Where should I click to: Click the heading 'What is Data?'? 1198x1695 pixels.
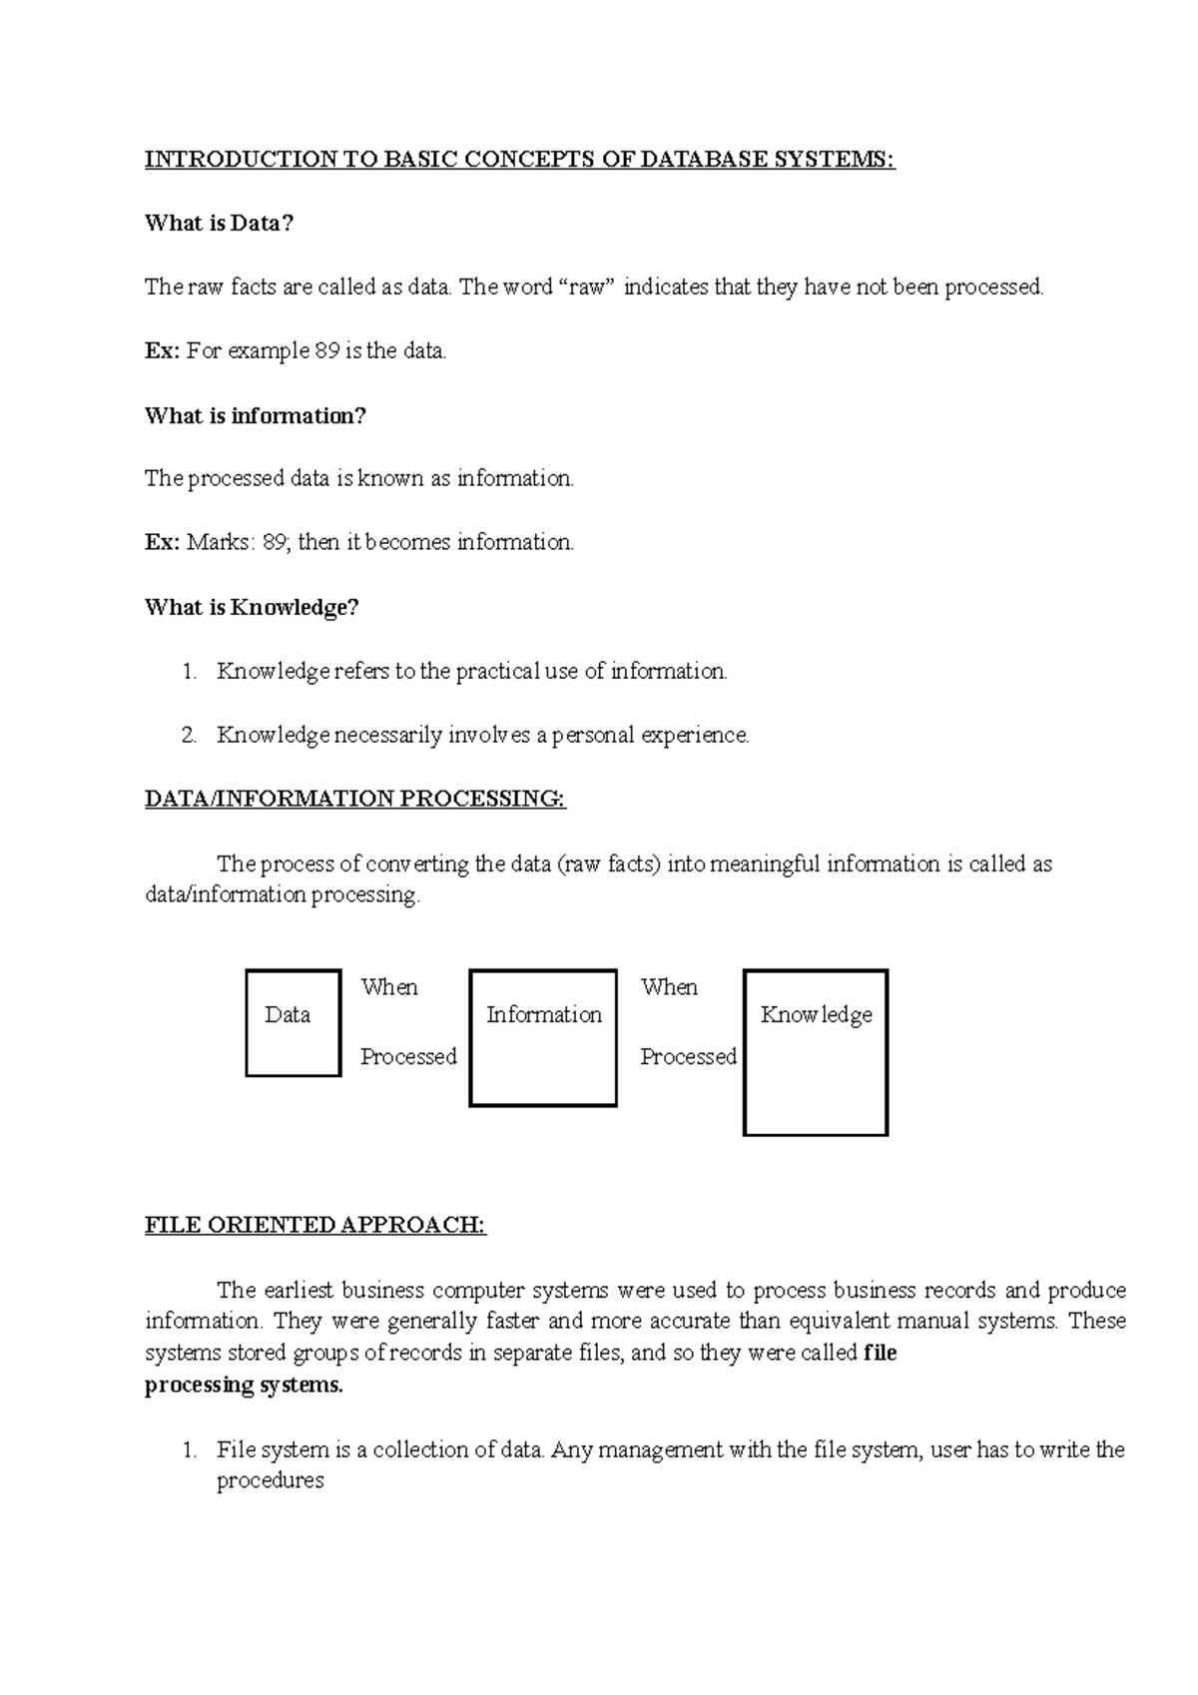point(219,223)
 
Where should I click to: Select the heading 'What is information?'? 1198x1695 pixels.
point(256,415)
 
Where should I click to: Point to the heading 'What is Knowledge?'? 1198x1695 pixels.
point(251,607)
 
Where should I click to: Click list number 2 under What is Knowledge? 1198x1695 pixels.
point(189,736)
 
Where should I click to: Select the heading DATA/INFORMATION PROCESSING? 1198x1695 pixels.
point(355,799)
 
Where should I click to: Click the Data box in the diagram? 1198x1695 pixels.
point(293,1023)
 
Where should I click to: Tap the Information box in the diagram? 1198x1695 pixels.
point(543,1038)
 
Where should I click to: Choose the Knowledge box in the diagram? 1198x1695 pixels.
point(816,1053)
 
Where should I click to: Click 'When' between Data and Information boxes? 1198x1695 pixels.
point(389,987)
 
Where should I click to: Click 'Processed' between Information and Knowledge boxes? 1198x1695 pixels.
point(688,1056)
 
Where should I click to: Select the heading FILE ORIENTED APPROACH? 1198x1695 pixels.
point(315,1225)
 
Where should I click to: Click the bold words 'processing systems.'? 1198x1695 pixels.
point(244,1385)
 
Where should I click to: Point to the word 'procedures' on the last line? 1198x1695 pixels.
point(271,1480)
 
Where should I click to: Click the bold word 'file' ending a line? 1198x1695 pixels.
point(880,1353)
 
